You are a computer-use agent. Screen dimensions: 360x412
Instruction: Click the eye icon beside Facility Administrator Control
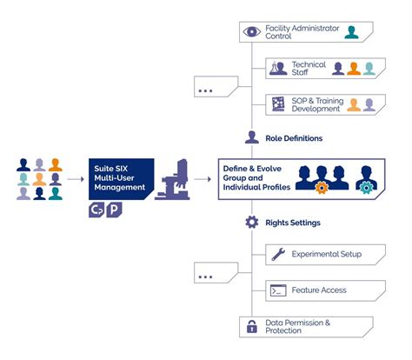(253, 32)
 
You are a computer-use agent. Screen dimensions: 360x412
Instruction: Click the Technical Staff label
(309, 69)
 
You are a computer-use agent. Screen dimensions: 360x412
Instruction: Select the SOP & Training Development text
(316, 104)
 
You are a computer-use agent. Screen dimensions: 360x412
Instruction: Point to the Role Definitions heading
(294, 137)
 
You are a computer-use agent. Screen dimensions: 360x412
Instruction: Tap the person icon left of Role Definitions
(252, 137)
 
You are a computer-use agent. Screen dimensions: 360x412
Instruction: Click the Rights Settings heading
(294, 223)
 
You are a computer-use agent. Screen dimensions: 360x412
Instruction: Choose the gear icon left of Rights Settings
(252, 223)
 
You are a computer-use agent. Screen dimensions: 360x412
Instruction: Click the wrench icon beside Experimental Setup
(278, 255)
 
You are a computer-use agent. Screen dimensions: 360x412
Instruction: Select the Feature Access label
(320, 290)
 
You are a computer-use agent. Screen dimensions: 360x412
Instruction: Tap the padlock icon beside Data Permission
(252, 327)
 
